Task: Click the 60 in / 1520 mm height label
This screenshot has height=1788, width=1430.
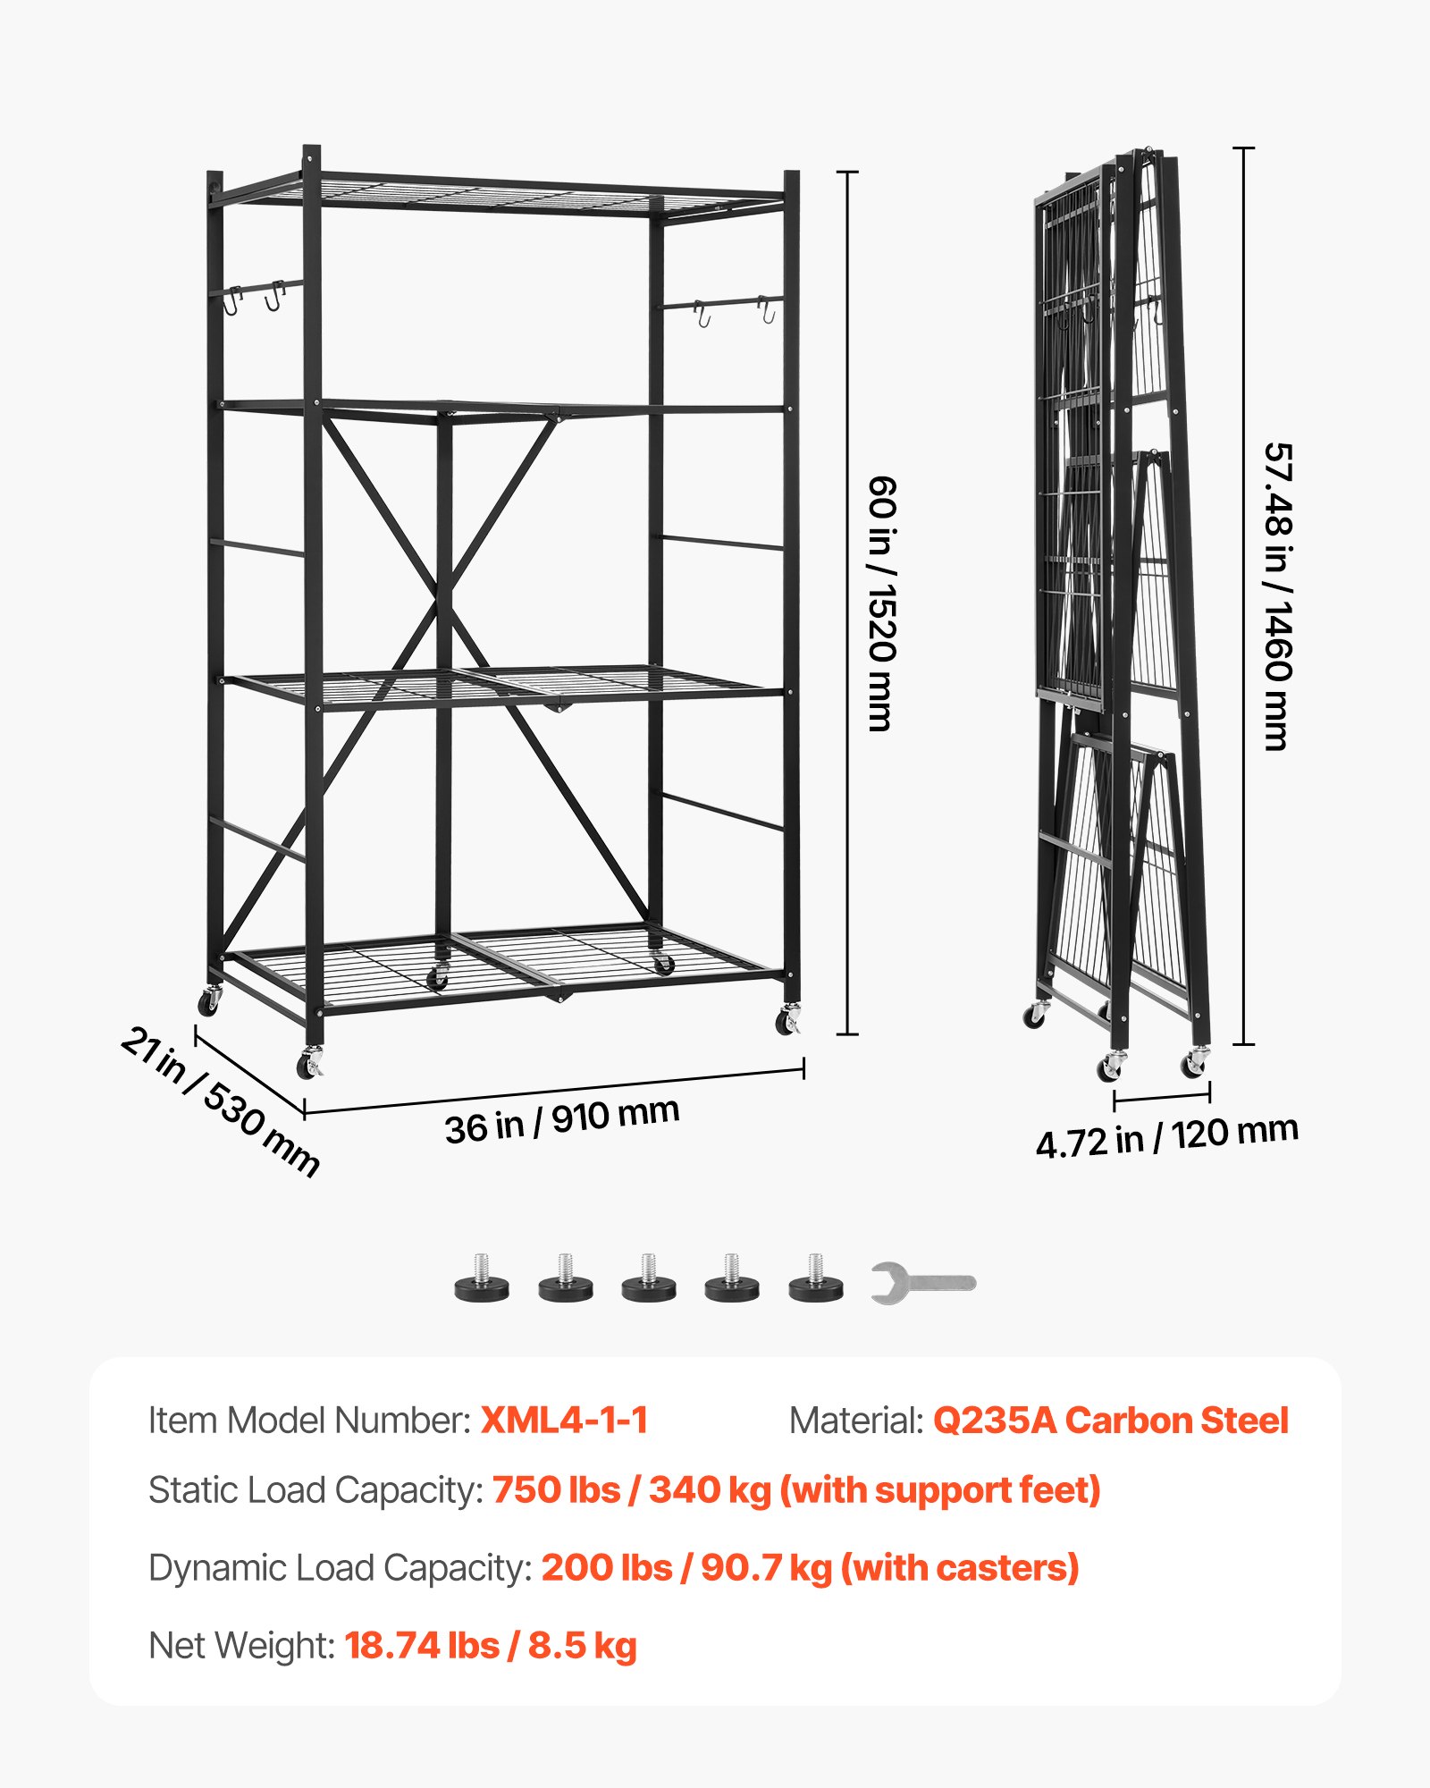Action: (x=882, y=603)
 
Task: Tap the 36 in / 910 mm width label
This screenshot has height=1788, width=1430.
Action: (x=562, y=1120)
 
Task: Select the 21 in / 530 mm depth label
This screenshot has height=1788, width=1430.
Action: (x=220, y=1101)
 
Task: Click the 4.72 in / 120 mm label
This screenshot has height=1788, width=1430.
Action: (x=1166, y=1136)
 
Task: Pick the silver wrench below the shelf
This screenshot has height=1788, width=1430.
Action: (x=922, y=1283)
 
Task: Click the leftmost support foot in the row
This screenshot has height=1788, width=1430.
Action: (x=482, y=1279)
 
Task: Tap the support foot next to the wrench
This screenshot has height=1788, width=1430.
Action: (x=815, y=1279)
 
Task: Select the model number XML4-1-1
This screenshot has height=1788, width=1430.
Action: (x=564, y=1421)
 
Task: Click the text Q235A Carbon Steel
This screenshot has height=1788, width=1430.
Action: (x=1110, y=1421)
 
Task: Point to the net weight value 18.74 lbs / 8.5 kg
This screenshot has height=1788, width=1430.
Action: (x=491, y=1646)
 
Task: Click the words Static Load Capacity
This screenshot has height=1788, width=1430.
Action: (x=315, y=1490)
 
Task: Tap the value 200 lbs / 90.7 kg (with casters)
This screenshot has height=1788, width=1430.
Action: (x=810, y=1568)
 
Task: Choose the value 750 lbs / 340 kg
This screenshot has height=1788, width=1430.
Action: (x=631, y=1490)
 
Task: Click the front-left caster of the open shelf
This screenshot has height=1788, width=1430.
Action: (x=310, y=1064)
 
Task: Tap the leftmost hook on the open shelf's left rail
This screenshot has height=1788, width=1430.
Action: (x=232, y=301)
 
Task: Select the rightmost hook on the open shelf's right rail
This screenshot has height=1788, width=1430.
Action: (x=767, y=310)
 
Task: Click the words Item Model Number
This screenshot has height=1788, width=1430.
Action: (x=309, y=1421)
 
